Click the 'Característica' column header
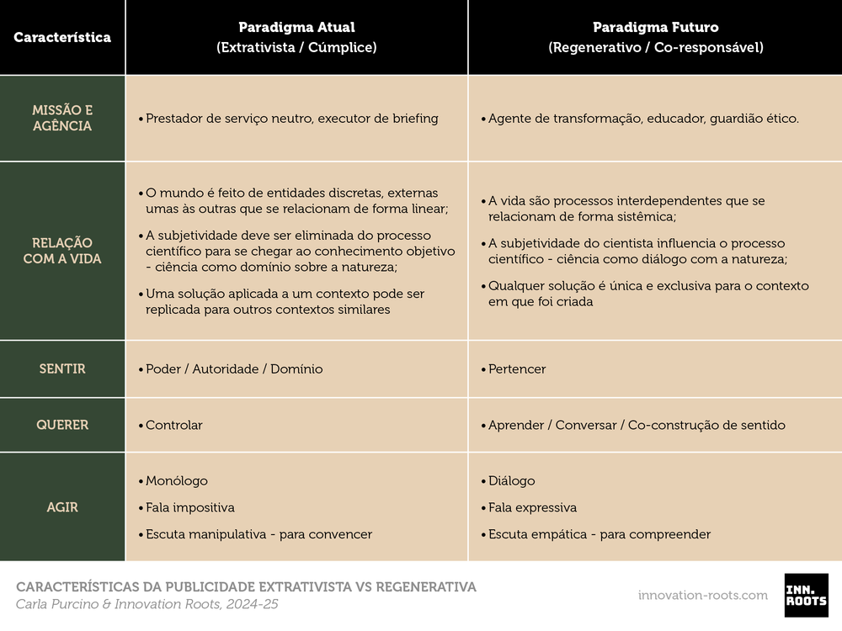(62, 38)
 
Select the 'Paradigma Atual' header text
(296, 28)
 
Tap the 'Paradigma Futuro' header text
(655, 28)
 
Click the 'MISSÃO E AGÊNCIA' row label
(62, 119)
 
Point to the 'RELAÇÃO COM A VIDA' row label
(62, 251)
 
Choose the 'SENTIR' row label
(62, 369)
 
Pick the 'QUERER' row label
(62, 425)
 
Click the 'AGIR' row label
(62, 507)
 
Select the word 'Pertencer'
(517, 369)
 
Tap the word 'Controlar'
(174, 425)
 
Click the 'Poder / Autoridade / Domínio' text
(234, 369)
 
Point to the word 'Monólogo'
(177, 481)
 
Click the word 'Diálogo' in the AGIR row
(512, 481)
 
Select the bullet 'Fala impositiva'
(190, 508)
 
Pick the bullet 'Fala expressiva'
(533, 508)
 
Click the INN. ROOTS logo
(806, 595)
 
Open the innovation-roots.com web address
(703, 595)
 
